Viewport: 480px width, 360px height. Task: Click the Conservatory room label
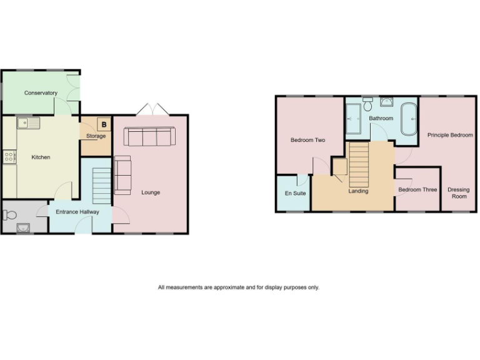pyautogui.click(x=41, y=93)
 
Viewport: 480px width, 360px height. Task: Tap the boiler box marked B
pyautogui.click(x=104, y=124)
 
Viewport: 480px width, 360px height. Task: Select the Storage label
pyautogui.click(x=96, y=136)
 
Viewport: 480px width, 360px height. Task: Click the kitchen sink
pyautogui.click(x=29, y=122)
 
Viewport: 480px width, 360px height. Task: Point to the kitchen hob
pyautogui.click(x=9, y=156)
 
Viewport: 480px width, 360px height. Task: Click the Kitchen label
pyautogui.click(x=41, y=157)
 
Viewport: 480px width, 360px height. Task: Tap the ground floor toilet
pyautogui.click(x=9, y=215)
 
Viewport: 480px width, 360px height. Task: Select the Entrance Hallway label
pyautogui.click(x=77, y=212)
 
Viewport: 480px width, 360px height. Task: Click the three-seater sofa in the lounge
pyautogui.click(x=149, y=136)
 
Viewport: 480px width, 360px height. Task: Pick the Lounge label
pyautogui.click(x=151, y=192)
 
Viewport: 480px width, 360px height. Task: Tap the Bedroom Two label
pyautogui.click(x=308, y=141)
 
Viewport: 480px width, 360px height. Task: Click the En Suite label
pyautogui.click(x=296, y=194)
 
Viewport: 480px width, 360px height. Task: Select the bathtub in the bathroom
pyautogui.click(x=410, y=119)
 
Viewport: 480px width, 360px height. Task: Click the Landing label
pyautogui.click(x=358, y=191)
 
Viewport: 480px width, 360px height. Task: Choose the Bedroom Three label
pyautogui.click(x=417, y=189)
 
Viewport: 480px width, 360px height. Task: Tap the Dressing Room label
pyautogui.click(x=459, y=192)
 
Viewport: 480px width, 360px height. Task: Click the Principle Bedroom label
pyautogui.click(x=450, y=135)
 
